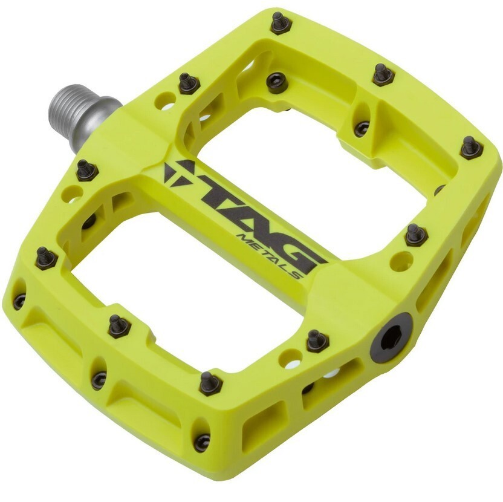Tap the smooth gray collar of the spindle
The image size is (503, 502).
point(103,112)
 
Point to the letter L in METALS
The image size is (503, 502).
point(284,266)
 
